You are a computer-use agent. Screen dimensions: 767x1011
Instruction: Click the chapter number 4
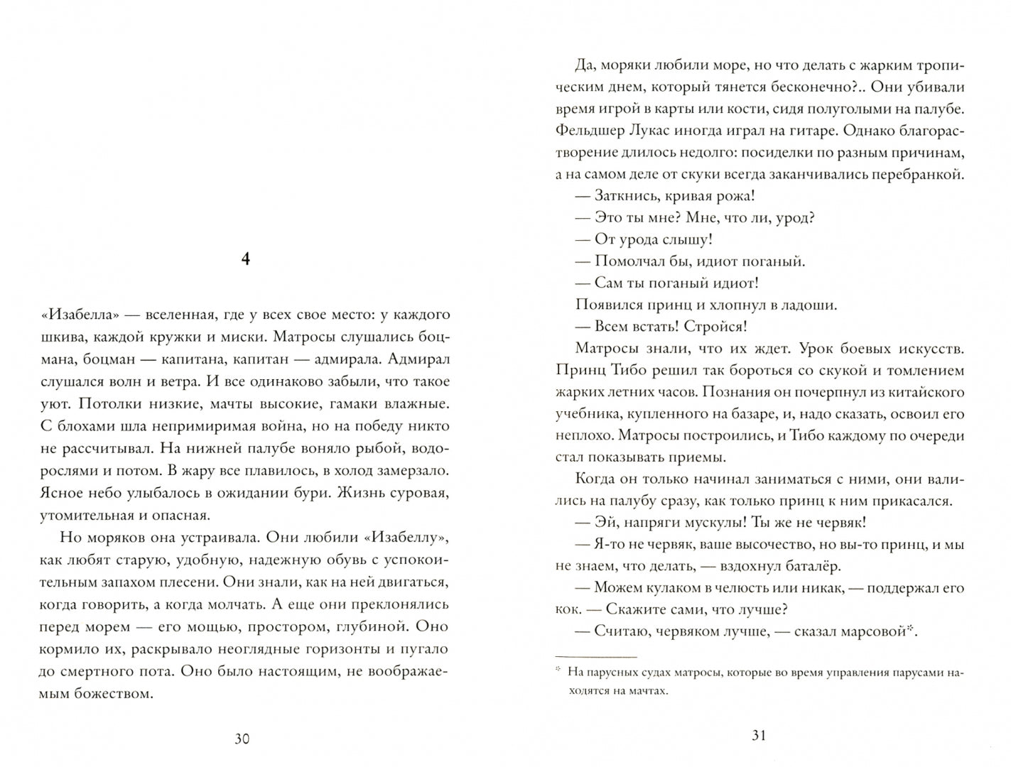[x=245, y=260]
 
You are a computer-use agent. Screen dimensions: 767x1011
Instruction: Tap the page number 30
[x=242, y=739]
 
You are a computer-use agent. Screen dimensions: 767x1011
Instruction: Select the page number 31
[x=759, y=736]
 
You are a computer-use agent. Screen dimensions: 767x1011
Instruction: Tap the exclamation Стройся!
[x=718, y=327]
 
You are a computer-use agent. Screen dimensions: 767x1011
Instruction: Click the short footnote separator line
[x=595, y=657]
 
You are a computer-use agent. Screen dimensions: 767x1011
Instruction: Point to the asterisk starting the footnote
[x=558, y=670]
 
